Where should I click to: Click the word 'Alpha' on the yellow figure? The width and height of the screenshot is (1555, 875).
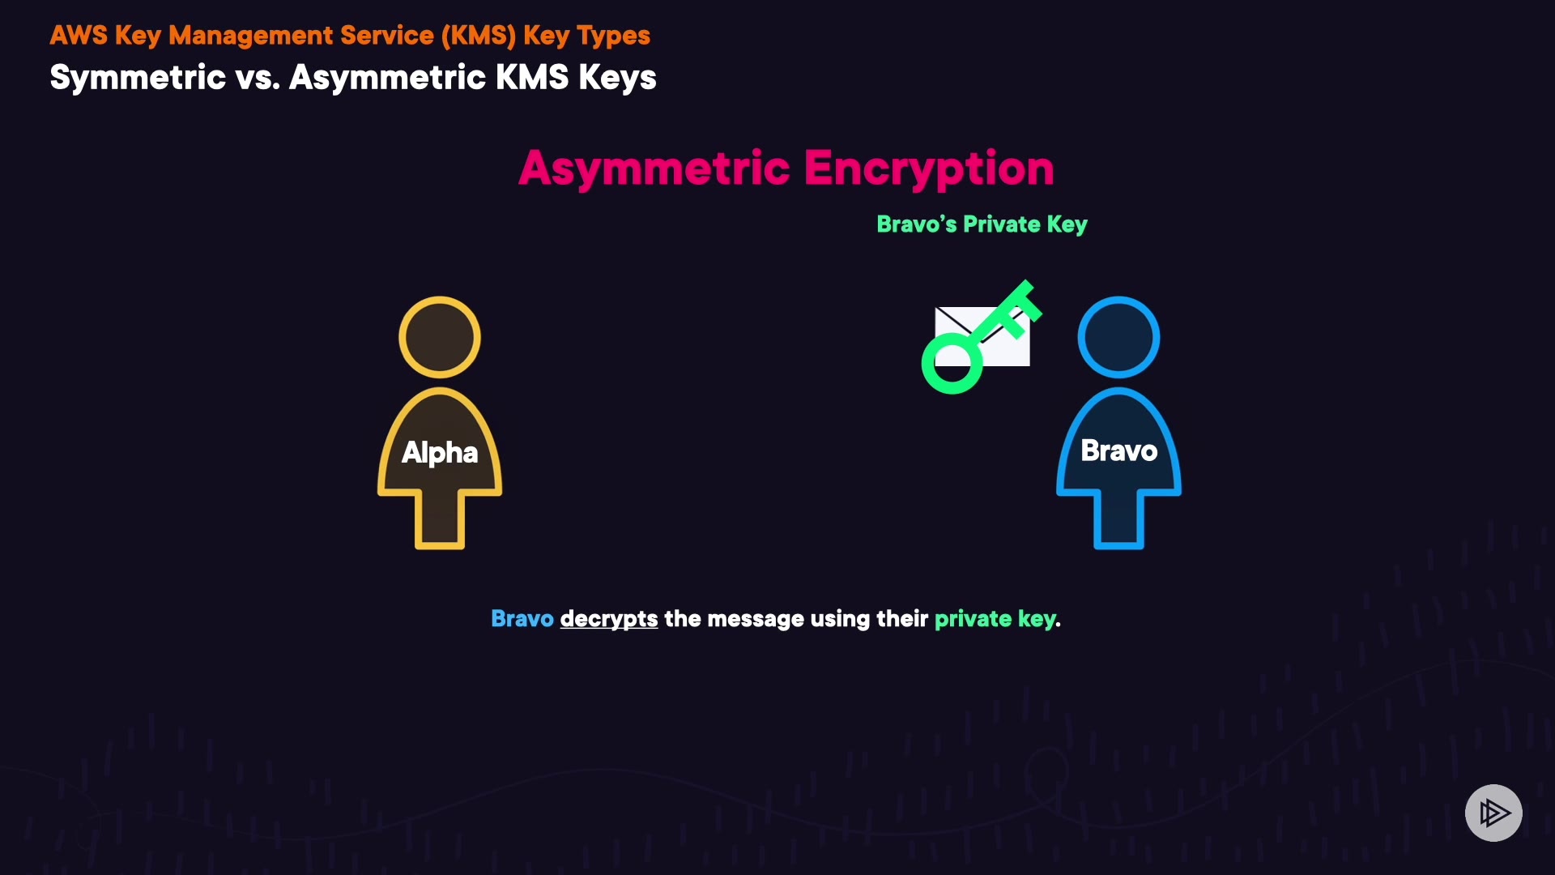pyautogui.click(x=440, y=452)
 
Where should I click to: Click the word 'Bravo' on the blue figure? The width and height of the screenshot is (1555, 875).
pyautogui.click(x=1118, y=450)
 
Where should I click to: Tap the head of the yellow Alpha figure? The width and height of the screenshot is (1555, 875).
pyautogui.click(x=440, y=337)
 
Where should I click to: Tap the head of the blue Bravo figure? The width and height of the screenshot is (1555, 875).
pyautogui.click(x=1118, y=337)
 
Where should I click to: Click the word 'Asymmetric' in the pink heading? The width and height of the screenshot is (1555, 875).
pyautogui.click(x=654, y=169)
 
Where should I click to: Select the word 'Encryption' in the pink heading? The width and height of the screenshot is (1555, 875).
pyautogui.click(x=929, y=169)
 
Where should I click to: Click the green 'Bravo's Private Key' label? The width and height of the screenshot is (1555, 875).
pyautogui.click(x=982, y=224)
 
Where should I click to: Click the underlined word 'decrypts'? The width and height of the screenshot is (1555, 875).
pyautogui.click(x=609, y=619)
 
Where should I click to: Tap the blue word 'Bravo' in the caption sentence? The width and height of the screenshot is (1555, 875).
pyautogui.click(x=522, y=619)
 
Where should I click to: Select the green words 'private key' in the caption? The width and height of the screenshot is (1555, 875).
pyautogui.click(x=995, y=619)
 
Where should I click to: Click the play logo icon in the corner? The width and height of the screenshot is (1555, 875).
pyautogui.click(x=1493, y=813)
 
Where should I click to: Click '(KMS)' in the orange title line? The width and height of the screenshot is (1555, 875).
pyautogui.click(x=478, y=36)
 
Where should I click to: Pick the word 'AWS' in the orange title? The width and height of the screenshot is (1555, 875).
pyautogui.click(x=79, y=36)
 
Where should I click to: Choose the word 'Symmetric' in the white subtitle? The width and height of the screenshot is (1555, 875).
pyautogui.click(x=138, y=78)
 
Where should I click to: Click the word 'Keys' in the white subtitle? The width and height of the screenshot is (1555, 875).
pyautogui.click(x=617, y=78)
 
